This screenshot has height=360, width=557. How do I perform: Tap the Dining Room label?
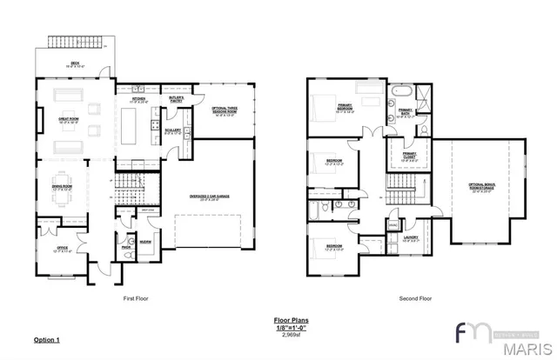(x=61, y=188)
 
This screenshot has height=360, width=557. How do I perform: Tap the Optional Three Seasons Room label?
(x=225, y=110)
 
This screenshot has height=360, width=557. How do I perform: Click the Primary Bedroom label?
(x=346, y=108)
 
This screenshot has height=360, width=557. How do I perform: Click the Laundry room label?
(x=410, y=237)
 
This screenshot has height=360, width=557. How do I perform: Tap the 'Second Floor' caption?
(x=415, y=298)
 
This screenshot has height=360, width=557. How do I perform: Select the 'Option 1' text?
(x=47, y=338)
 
